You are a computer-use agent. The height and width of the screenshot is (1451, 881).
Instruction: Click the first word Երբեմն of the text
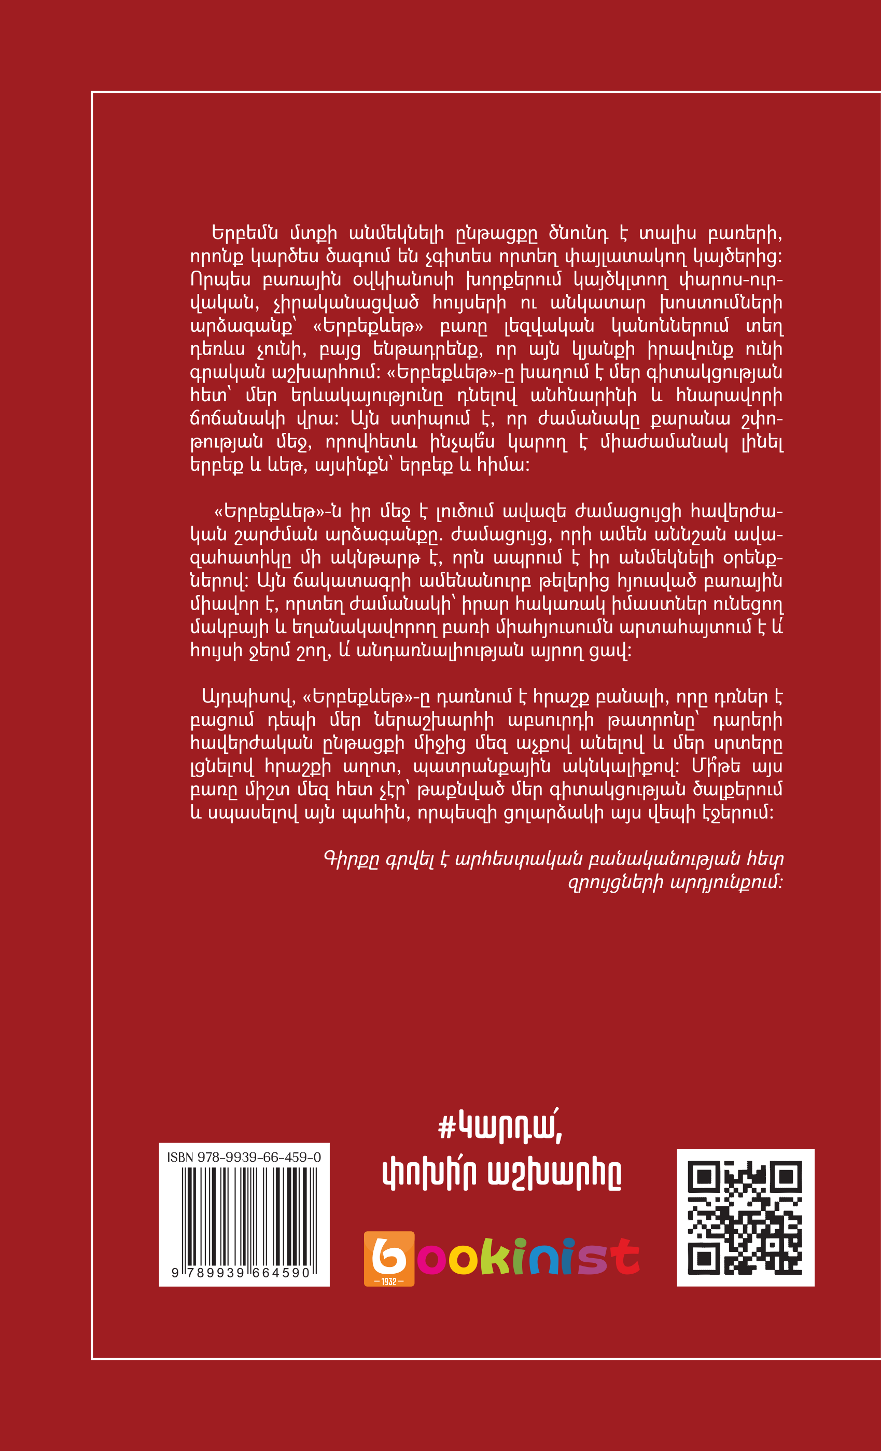pos(244,234)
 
